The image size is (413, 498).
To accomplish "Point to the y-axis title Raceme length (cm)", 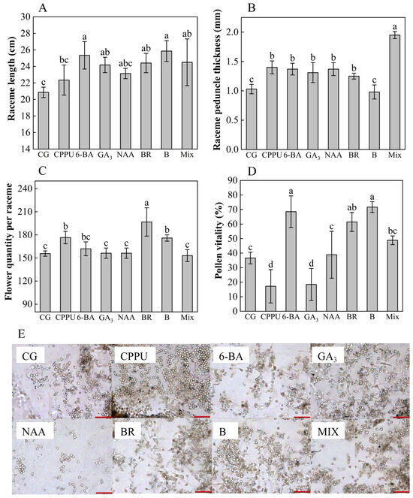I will [x=10, y=81].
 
